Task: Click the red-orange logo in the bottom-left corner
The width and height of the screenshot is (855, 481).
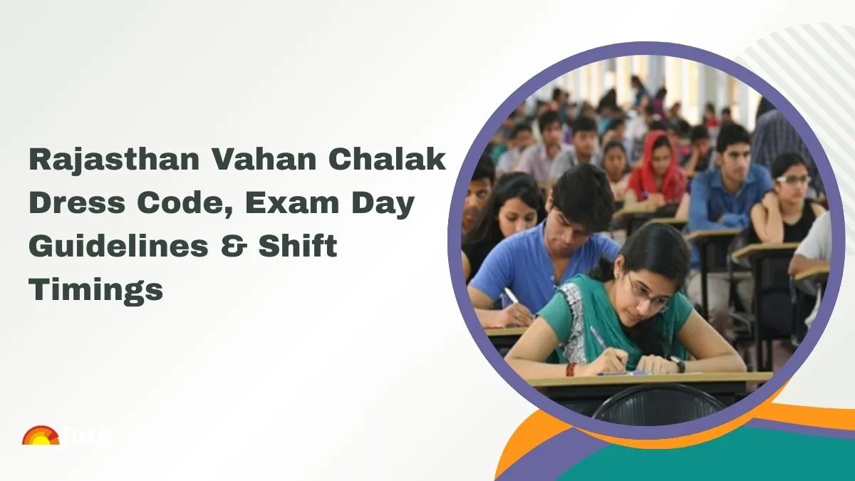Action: pyautogui.click(x=40, y=436)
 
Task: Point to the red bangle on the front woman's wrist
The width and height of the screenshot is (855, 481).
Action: pyautogui.click(x=571, y=368)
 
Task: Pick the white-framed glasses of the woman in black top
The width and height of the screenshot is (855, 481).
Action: pyautogui.click(x=792, y=180)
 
